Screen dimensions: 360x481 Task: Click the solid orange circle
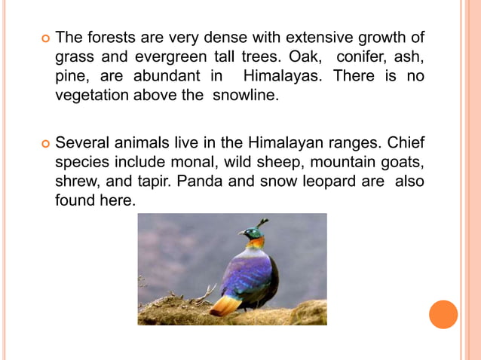443,314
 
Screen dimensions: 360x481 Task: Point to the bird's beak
241,233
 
